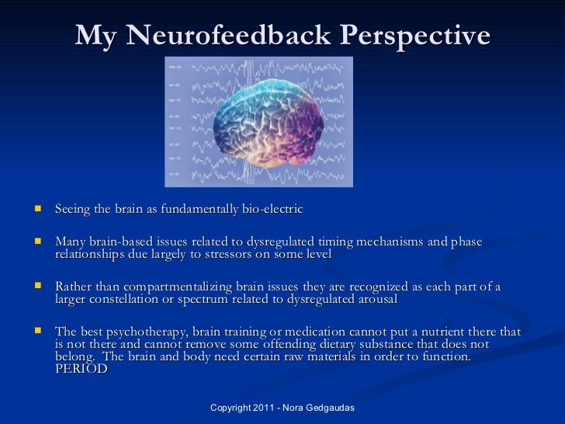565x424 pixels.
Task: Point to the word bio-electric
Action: coord(271,210)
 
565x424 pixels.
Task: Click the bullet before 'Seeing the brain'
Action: coord(36,210)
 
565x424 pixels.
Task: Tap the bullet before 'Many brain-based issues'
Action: coord(36,243)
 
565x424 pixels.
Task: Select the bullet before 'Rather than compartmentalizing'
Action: coord(36,287)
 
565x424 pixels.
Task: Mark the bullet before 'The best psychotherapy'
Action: coord(36,332)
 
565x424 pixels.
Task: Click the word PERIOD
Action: coord(81,369)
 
